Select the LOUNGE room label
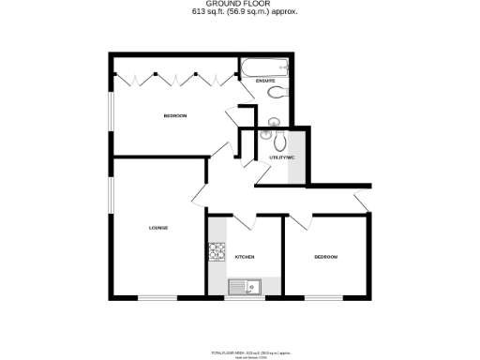point(157,228)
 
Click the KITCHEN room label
point(246,257)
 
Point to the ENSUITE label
point(265,81)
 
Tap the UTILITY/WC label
point(281,157)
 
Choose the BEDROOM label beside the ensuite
point(174,115)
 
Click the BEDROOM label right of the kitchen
point(325,257)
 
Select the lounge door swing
point(199,196)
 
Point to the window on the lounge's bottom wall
point(157,298)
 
